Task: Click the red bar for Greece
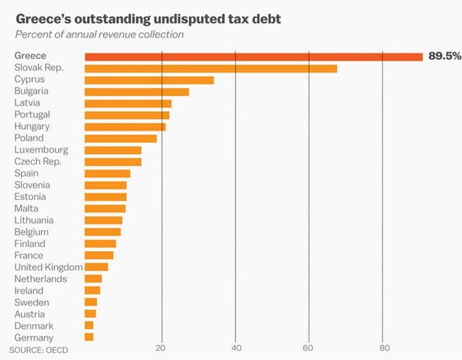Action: point(253,57)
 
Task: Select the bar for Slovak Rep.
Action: point(211,68)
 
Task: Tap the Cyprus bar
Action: point(149,80)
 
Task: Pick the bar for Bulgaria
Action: point(137,92)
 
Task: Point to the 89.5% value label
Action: point(444,56)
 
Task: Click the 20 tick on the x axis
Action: point(161,349)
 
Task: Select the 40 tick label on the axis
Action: point(235,349)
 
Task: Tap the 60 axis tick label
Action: point(308,349)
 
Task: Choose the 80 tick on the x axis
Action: point(382,349)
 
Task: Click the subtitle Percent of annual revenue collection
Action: point(99,34)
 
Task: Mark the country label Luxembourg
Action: point(41,150)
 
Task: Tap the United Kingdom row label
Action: point(48,267)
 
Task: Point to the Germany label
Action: point(34,338)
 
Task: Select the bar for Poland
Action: point(120,139)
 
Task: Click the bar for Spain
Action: point(107,174)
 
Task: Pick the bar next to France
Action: point(99,255)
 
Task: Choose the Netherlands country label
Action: point(40,279)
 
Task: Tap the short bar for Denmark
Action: point(89,326)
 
